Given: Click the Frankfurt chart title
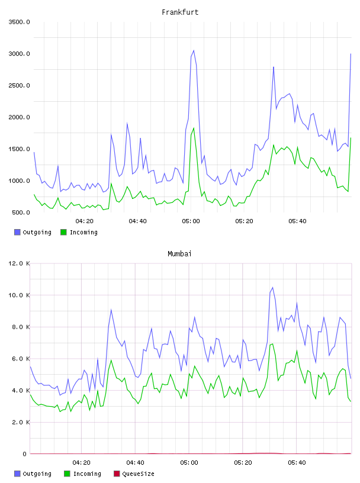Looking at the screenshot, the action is pos(180,12).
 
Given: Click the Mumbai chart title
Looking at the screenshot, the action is pos(179,254).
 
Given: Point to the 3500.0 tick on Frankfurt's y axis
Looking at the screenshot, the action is pos(20,22).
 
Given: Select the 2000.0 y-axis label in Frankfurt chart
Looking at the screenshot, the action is pos(20,117).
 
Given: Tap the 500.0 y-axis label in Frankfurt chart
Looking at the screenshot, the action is pos(21,212).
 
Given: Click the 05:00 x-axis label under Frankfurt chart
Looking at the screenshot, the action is pos(191,221).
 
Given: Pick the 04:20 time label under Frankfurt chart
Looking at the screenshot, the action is pos(85,221).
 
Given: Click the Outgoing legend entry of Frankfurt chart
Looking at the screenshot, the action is pos(33,232).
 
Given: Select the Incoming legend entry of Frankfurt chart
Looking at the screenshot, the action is pos(79,232).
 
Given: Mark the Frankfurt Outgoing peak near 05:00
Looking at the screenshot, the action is pos(194,50).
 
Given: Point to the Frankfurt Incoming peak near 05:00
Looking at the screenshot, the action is pos(194,128).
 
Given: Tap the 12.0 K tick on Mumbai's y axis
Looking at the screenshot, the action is pos(20,263).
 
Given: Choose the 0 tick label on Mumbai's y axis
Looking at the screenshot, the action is pos(25,454).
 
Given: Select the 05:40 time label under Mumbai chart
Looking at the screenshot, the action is pos(297,463).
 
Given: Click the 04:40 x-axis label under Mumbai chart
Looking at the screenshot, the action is pos(136,463).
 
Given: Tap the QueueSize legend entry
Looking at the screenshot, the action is pos(134,474).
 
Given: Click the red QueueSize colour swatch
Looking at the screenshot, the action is pos(117,474).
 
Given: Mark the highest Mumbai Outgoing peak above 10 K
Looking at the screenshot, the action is pos(272,288).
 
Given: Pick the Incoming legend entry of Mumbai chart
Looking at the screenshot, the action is pos(82,474).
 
